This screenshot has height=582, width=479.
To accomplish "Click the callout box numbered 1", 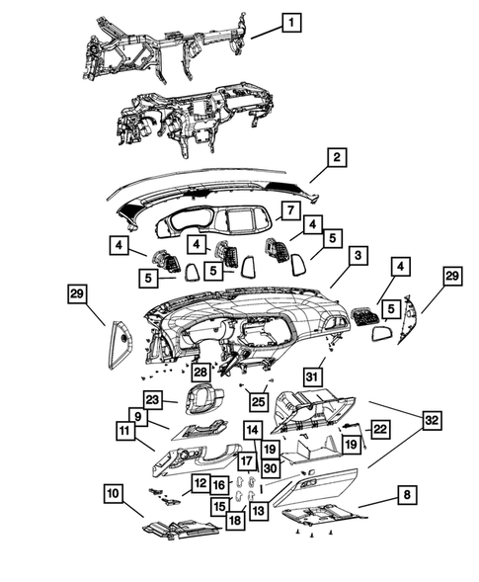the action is pyautogui.click(x=291, y=23).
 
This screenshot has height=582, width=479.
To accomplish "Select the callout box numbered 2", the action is pyautogui.click(x=337, y=158).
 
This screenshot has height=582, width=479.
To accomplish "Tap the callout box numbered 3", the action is pyautogui.click(x=358, y=256).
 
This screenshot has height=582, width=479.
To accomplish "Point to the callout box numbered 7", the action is pyautogui.click(x=290, y=211).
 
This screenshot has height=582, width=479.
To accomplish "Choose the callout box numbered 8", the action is pyautogui.click(x=407, y=495).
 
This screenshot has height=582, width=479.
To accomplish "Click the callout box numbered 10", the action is pyautogui.click(x=114, y=494).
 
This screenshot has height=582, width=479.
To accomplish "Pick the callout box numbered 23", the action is pyautogui.click(x=153, y=400).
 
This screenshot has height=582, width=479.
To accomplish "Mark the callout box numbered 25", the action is pyautogui.click(x=259, y=401).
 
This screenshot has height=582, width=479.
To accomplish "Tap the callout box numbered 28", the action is pyautogui.click(x=200, y=372).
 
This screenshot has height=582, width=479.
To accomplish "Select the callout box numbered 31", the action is pyautogui.click(x=312, y=377).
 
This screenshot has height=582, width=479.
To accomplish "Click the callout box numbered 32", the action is pyautogui.click(x=432, y=421).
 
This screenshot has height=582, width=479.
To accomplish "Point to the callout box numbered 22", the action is pyautogui.click(x=379, y=430).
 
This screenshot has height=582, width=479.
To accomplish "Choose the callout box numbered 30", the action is pyautogui.click(x=271, y=468).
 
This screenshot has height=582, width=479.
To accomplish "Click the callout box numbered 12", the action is pyautogui.click(x=200, y=483).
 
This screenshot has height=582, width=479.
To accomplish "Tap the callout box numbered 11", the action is pyautogui.click(x=125, y=431).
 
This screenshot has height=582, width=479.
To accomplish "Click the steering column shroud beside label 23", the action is pyautogui.click(x=203, y=400).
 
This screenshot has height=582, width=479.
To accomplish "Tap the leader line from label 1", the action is pyautogui.click(x=267, y=33).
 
